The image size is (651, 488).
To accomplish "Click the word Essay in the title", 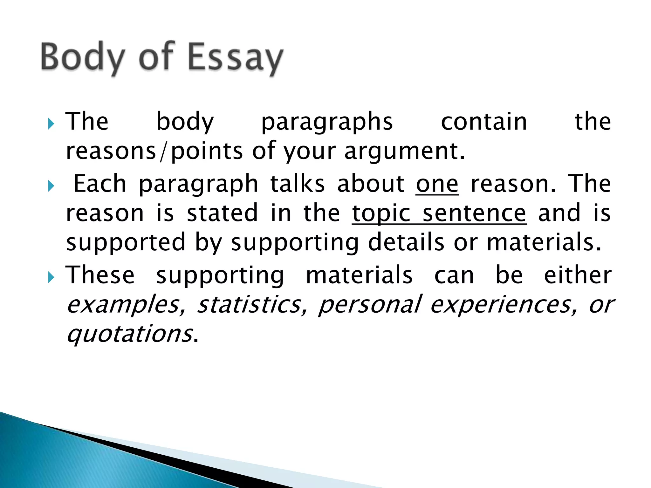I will [235, 57].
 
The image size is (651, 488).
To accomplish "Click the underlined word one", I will [437, 184].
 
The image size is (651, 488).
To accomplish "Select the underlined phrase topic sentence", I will [439, 213].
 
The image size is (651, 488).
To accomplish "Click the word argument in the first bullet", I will [404, 151].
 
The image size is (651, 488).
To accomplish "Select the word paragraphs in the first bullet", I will [327, 122].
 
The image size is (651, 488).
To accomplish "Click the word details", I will [406, 242].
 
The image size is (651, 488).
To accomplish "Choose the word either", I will [578, 275].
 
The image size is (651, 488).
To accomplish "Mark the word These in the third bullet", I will [100, 275].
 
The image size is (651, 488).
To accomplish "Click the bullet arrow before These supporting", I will [51, 278].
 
